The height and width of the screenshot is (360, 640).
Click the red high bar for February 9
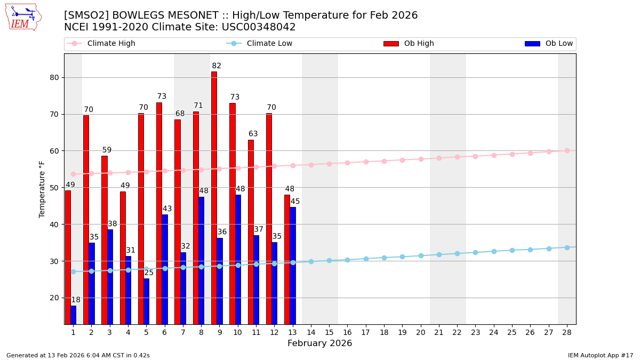point(214,197)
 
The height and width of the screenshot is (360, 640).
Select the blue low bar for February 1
point(73,315)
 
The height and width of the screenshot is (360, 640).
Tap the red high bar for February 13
point(287,259)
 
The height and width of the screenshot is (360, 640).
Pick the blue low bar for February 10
point(238,259)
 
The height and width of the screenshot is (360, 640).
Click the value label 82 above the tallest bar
point(217,66)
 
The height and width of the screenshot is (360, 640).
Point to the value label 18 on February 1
point(76,300)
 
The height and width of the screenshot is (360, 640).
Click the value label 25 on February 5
point(149,273)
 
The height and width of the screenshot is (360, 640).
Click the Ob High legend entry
point(409,44)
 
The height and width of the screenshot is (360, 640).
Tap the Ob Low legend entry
point(549,44)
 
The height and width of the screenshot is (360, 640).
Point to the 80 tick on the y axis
point(54,77)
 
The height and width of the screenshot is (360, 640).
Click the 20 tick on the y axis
point(54,298)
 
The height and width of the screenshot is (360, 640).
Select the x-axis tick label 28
point(567,332)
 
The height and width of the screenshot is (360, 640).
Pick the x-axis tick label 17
point(366,332)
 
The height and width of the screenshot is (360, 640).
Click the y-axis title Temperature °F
point(42,189)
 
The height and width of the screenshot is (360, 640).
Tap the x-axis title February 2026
point(319,343)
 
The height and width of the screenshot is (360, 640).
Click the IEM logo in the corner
point(23,17)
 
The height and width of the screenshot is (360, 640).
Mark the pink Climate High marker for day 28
point(567,151)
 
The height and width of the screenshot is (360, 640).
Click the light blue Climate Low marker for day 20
point(421,255)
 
